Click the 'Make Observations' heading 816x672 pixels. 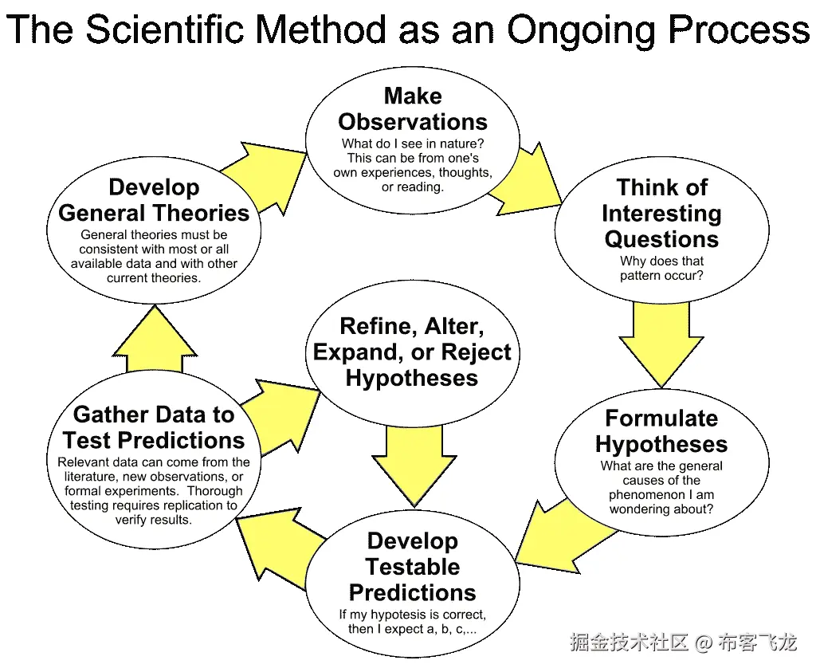pos(413,108)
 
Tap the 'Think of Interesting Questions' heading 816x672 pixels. pos(661,213)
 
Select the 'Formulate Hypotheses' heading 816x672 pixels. pos(661,431)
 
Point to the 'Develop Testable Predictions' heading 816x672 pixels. pos(413,566)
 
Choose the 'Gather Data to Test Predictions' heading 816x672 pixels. pos(154,427)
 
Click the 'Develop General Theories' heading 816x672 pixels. pos(154,200)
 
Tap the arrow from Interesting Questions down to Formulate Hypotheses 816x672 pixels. pos(661,344)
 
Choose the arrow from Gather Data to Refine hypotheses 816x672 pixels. pos(281,416)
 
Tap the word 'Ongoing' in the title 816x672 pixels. pos(581,30)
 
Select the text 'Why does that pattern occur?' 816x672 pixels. pos(661,268)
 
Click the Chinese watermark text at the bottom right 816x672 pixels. pos(683,643)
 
